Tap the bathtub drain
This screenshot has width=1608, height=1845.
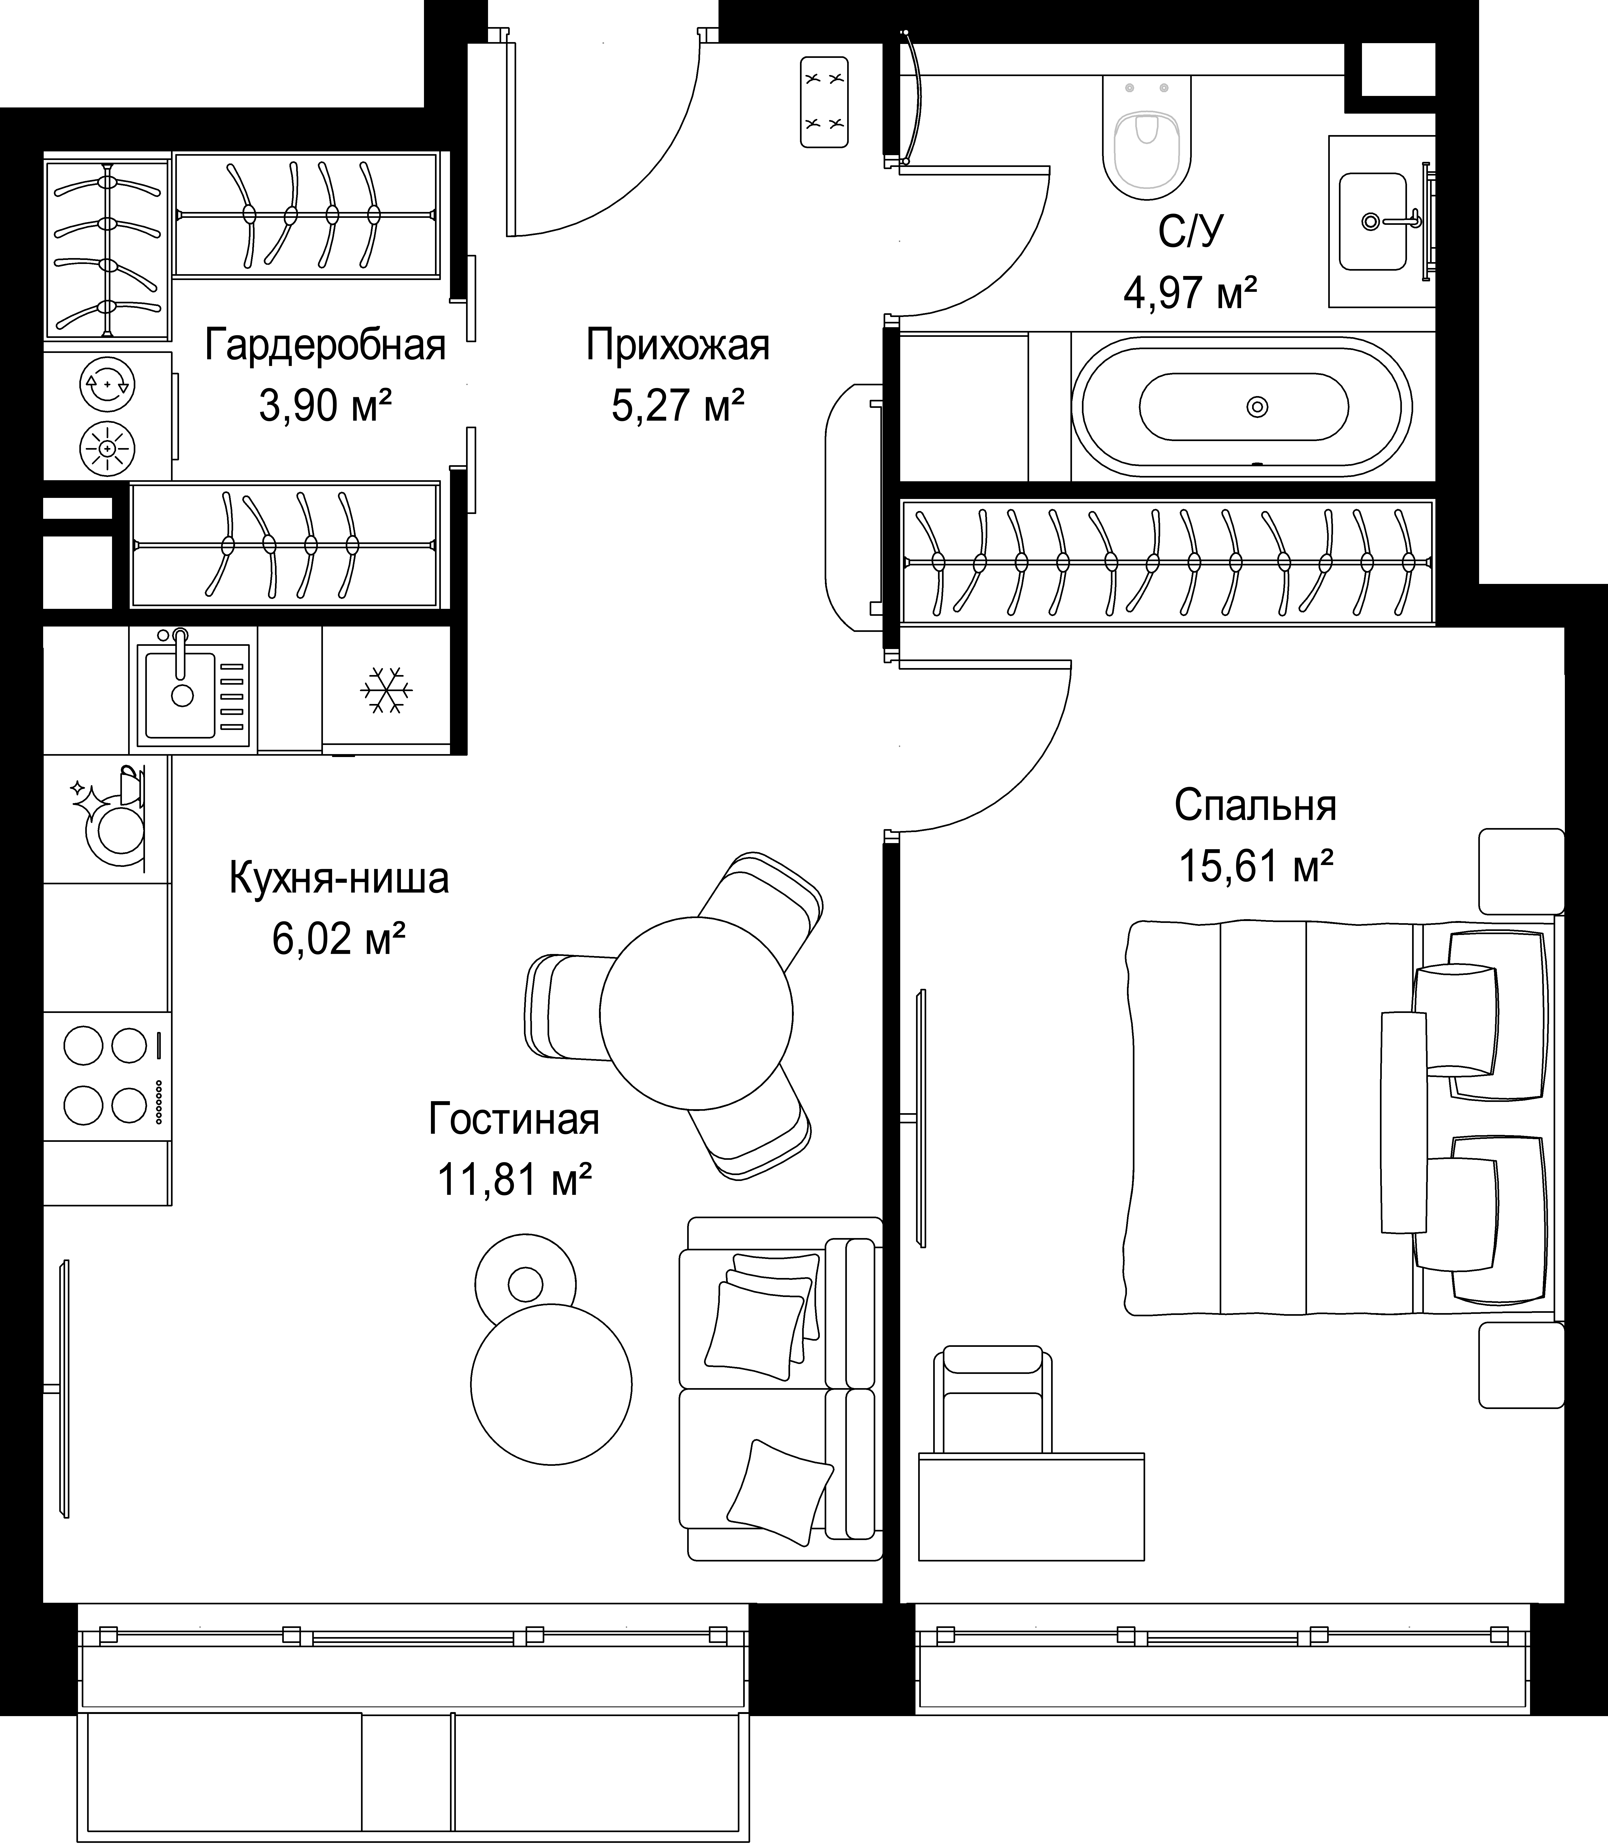(1257, 407)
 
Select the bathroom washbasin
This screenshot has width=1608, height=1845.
(1373, 222)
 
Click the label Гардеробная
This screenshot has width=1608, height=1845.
(325, 345)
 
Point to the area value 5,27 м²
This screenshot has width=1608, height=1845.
(678, 406)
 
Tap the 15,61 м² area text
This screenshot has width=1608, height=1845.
(1255, 867)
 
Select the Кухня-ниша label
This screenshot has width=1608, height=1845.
(339, 878)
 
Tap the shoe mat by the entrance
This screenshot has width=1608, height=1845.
(824, 101)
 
